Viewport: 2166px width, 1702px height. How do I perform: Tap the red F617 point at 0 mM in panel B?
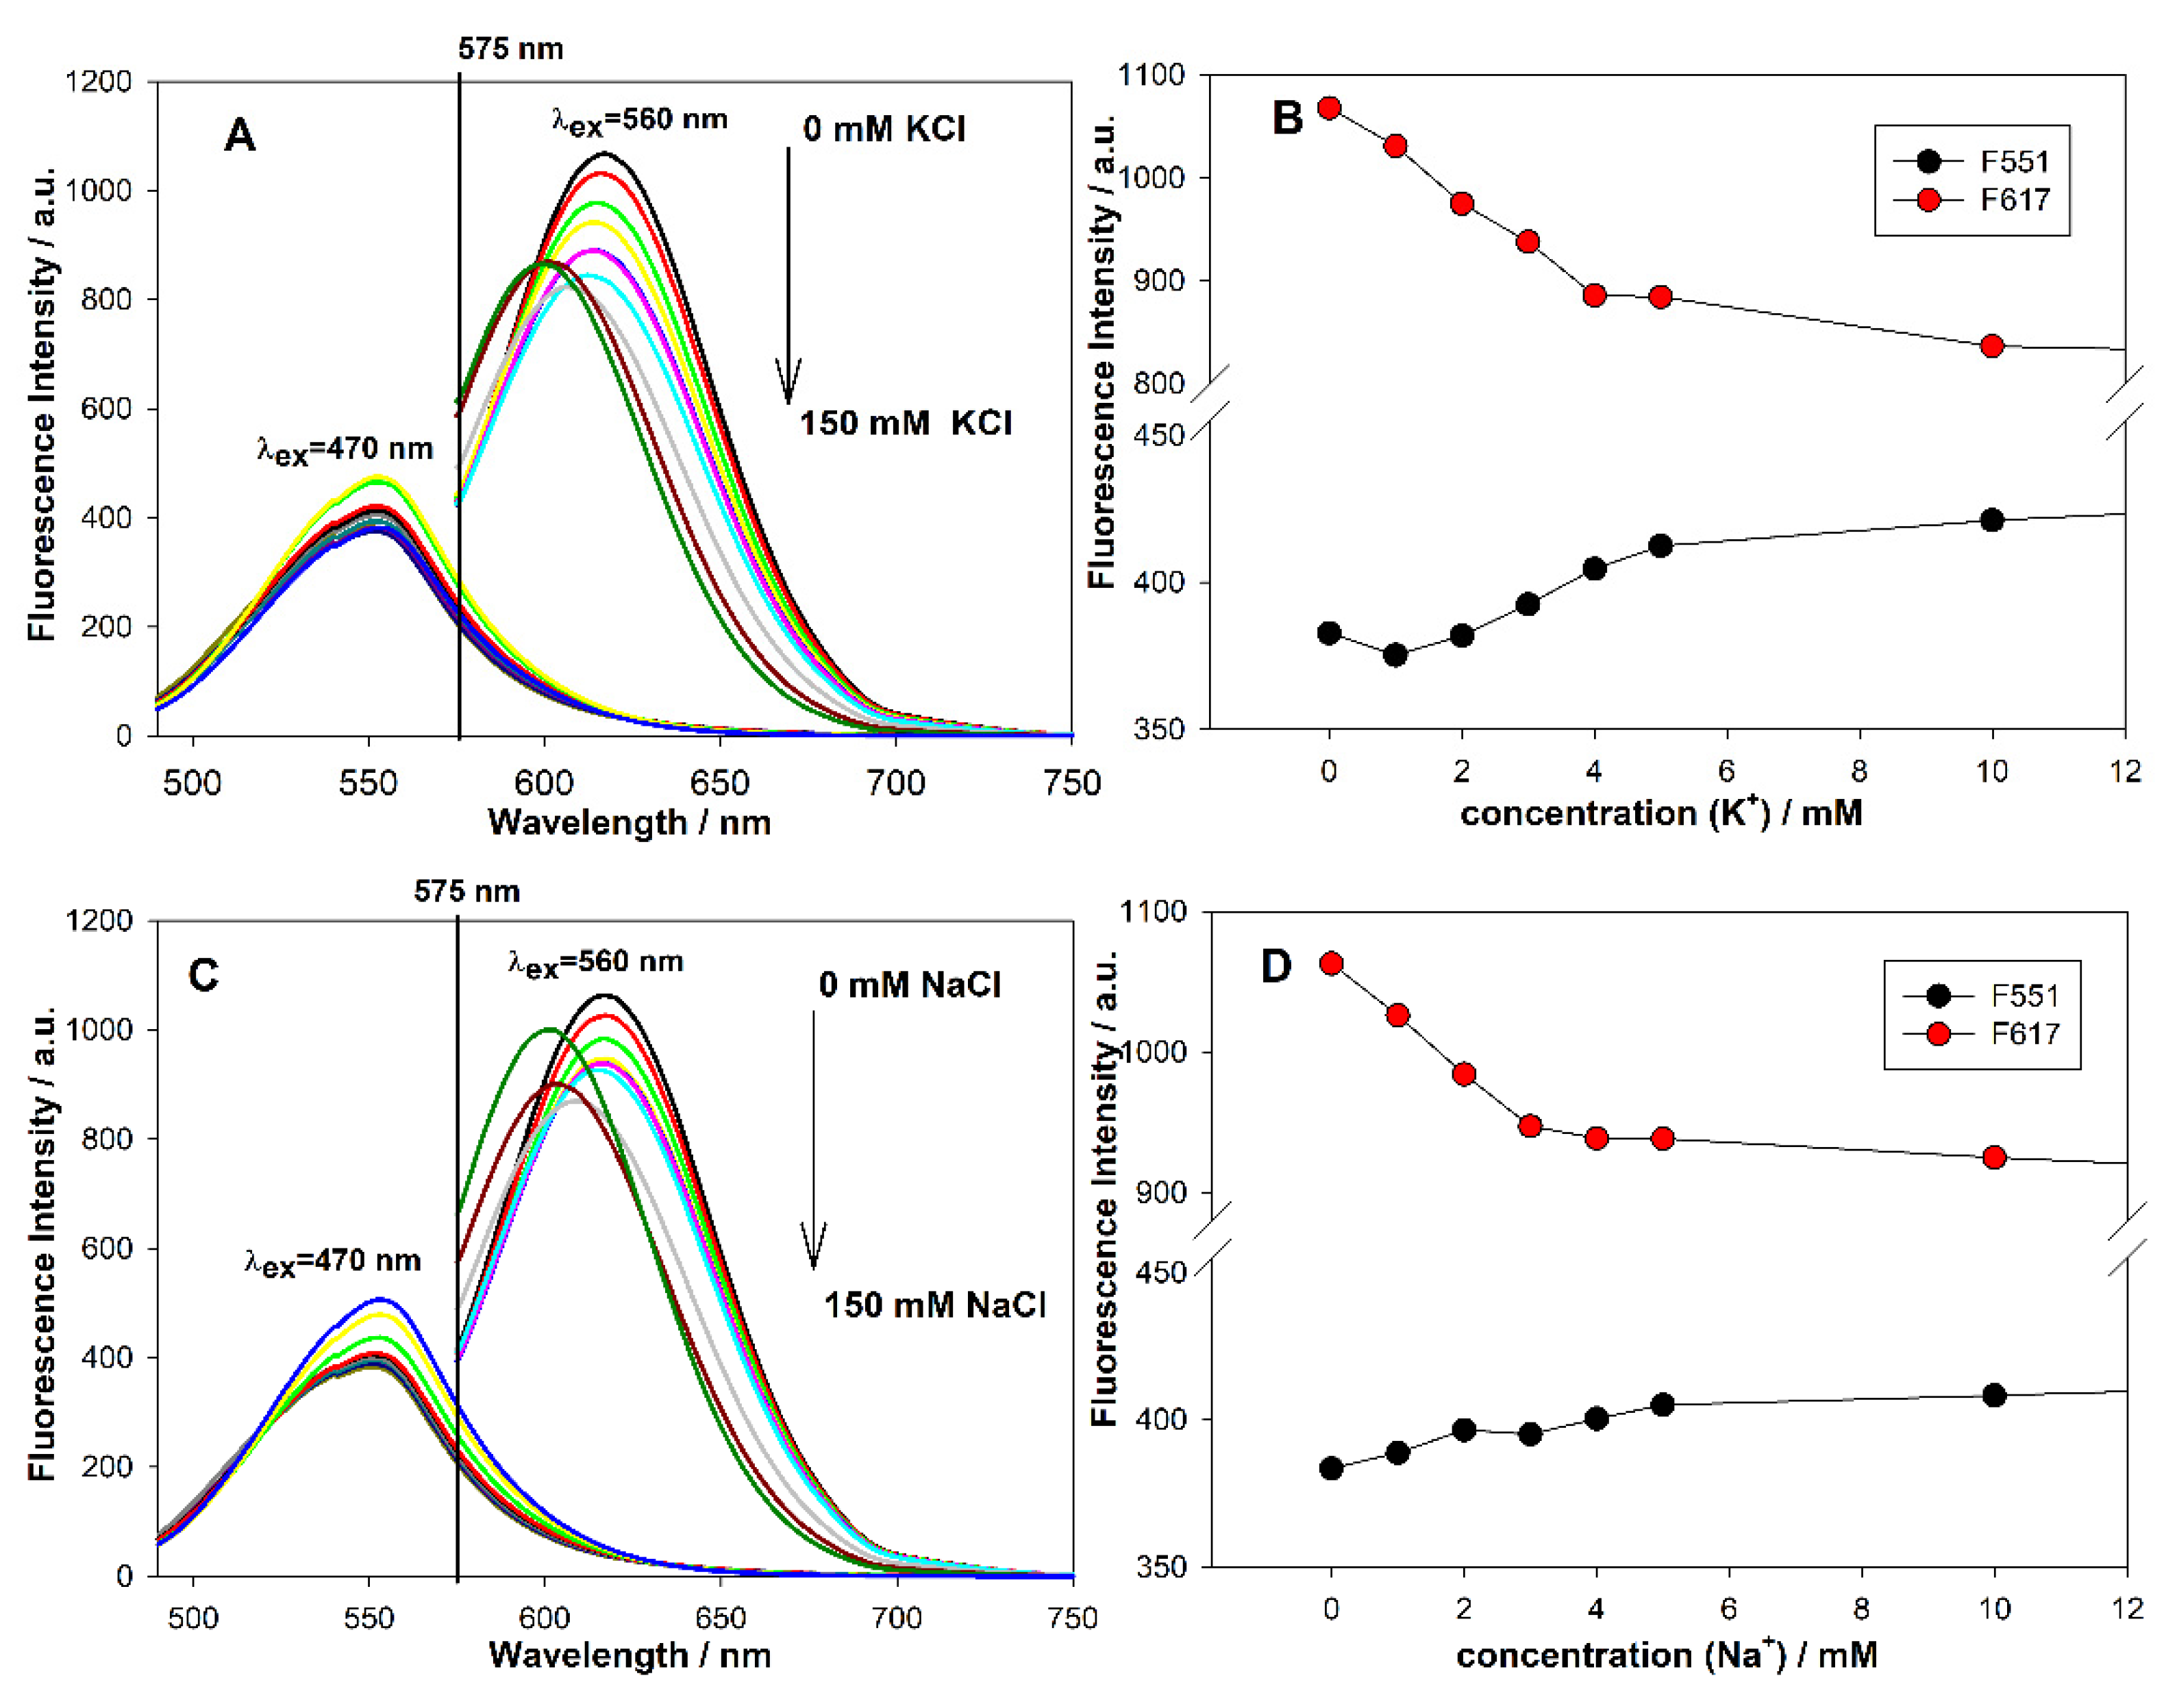click(x=1328, y=108)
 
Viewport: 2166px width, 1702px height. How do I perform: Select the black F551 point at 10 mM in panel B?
click(x=1991, y=520)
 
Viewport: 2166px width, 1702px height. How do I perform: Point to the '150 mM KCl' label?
click(x=905, y=423)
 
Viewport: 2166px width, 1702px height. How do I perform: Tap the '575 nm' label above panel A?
click(x=510, y=49)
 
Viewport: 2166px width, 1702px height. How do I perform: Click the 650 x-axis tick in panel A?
click(x=719, y=783)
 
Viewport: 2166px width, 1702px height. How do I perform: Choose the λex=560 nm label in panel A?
click(x=640, y=121)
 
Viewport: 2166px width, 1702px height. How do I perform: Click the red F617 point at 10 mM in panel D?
click(x=1993, y=1157)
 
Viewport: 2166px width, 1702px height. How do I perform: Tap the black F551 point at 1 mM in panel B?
click(x=1395, y=654)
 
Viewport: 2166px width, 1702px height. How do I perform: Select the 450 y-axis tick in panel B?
click(x=1167, y=436)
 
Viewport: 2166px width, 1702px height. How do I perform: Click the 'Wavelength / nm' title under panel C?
click(x=630, y=1654)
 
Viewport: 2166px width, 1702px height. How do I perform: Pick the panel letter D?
click(x=1275, y=965)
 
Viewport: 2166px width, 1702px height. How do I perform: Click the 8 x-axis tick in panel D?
click(x=1860, y=1608)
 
